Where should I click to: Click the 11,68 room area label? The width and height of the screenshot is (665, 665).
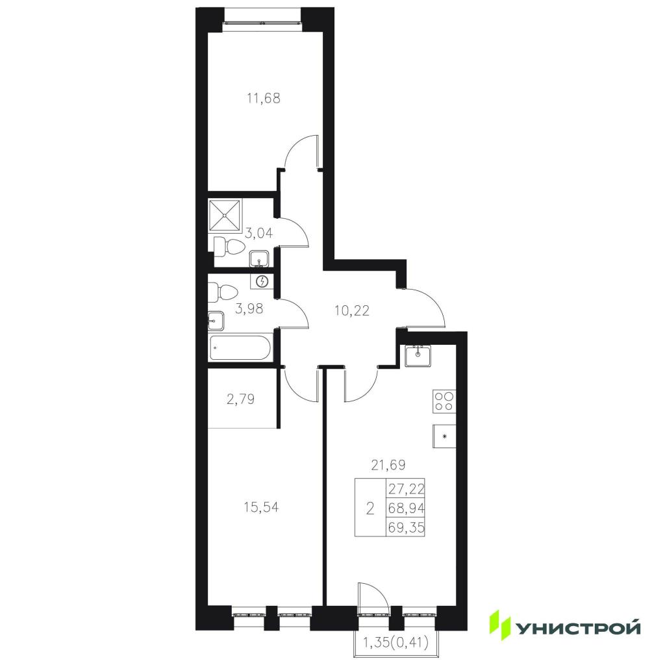(264, 99)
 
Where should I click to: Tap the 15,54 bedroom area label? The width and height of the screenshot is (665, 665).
(261, 507)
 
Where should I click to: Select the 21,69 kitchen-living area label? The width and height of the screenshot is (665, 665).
(388, 465)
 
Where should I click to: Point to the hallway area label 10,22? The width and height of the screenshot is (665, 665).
(351, 311)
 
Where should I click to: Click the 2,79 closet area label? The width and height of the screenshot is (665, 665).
(240, 399)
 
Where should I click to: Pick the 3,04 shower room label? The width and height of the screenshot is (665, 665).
(258, 233)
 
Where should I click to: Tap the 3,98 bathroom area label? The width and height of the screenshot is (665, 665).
(249, 308)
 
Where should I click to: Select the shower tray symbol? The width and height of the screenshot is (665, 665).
(225, 216)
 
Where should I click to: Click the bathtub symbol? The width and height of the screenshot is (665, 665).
(240, 348)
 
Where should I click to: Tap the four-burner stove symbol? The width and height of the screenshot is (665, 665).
(444, 401)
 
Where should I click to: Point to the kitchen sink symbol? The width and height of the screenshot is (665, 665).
(418, 355)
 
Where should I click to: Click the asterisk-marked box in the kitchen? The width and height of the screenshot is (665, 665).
(444, 436)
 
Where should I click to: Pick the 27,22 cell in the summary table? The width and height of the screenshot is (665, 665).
(406, 488)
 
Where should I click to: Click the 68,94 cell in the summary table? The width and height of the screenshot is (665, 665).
(406, 508)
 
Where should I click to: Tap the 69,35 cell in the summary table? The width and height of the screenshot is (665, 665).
(406, 527)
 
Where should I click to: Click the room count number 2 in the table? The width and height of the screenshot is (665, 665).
(370, 508)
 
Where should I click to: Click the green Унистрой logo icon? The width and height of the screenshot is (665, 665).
(499, 625)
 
